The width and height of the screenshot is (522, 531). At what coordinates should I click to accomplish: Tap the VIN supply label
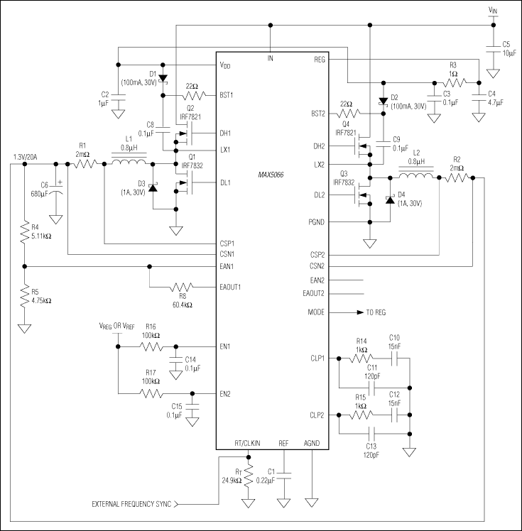coord(493,10)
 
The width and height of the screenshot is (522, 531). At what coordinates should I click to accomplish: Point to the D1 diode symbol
coord(163,78)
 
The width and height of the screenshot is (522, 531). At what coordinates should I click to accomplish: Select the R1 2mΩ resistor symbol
coord(85,164)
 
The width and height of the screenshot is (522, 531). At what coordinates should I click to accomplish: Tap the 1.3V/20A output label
coord(27,157)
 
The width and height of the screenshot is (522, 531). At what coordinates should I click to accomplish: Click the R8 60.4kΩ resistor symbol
coord(182,288)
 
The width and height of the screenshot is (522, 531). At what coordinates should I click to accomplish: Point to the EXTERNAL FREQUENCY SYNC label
coord(131,504)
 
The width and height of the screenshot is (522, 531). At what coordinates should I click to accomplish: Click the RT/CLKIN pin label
coord(247,442)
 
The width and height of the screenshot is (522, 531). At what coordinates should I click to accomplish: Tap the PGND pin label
coord(317,222)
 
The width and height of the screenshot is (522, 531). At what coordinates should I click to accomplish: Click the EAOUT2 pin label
coord(312,293)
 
